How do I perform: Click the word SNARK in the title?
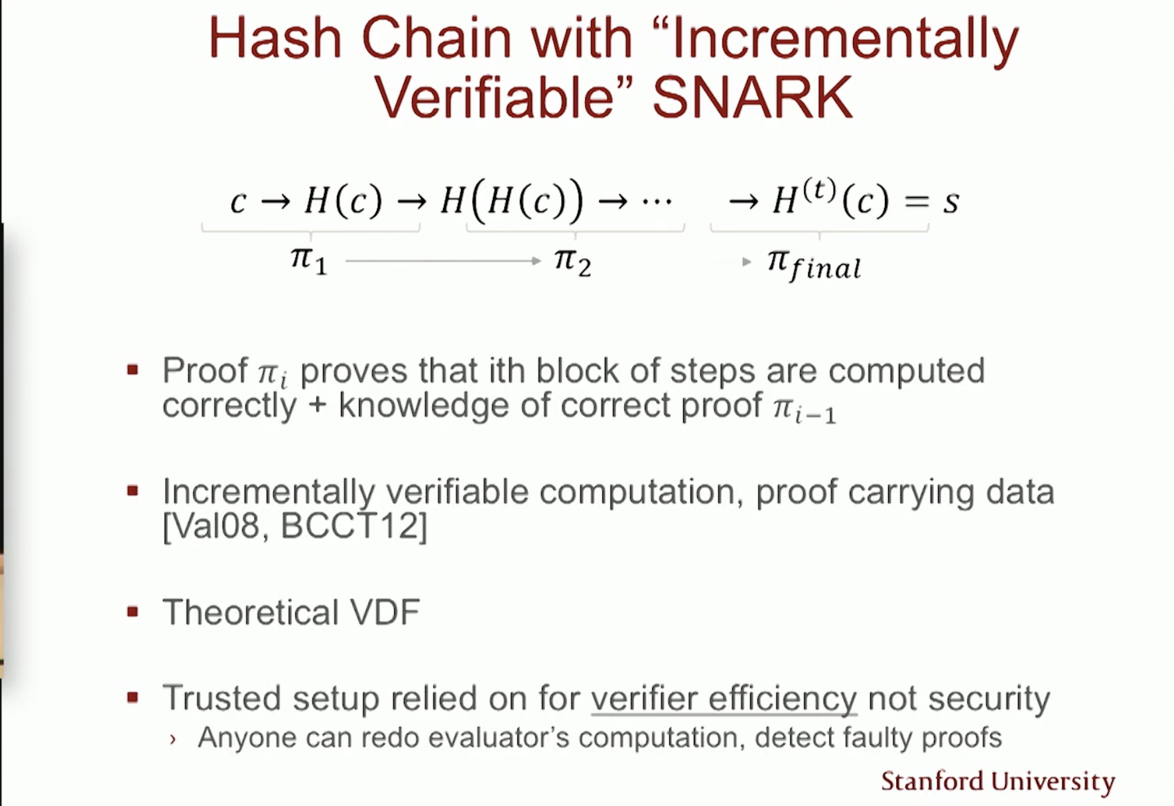[752, 97]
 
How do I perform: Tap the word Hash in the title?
[275, 38]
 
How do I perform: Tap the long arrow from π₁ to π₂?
[444, 261]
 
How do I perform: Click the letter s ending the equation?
[951, 201]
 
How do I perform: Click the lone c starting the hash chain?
[238, 201]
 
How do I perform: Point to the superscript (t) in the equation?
[818, 191]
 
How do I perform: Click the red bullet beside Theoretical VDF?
[133, 611]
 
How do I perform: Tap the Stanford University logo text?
[998, 781]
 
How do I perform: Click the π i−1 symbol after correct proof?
[805, 409]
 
